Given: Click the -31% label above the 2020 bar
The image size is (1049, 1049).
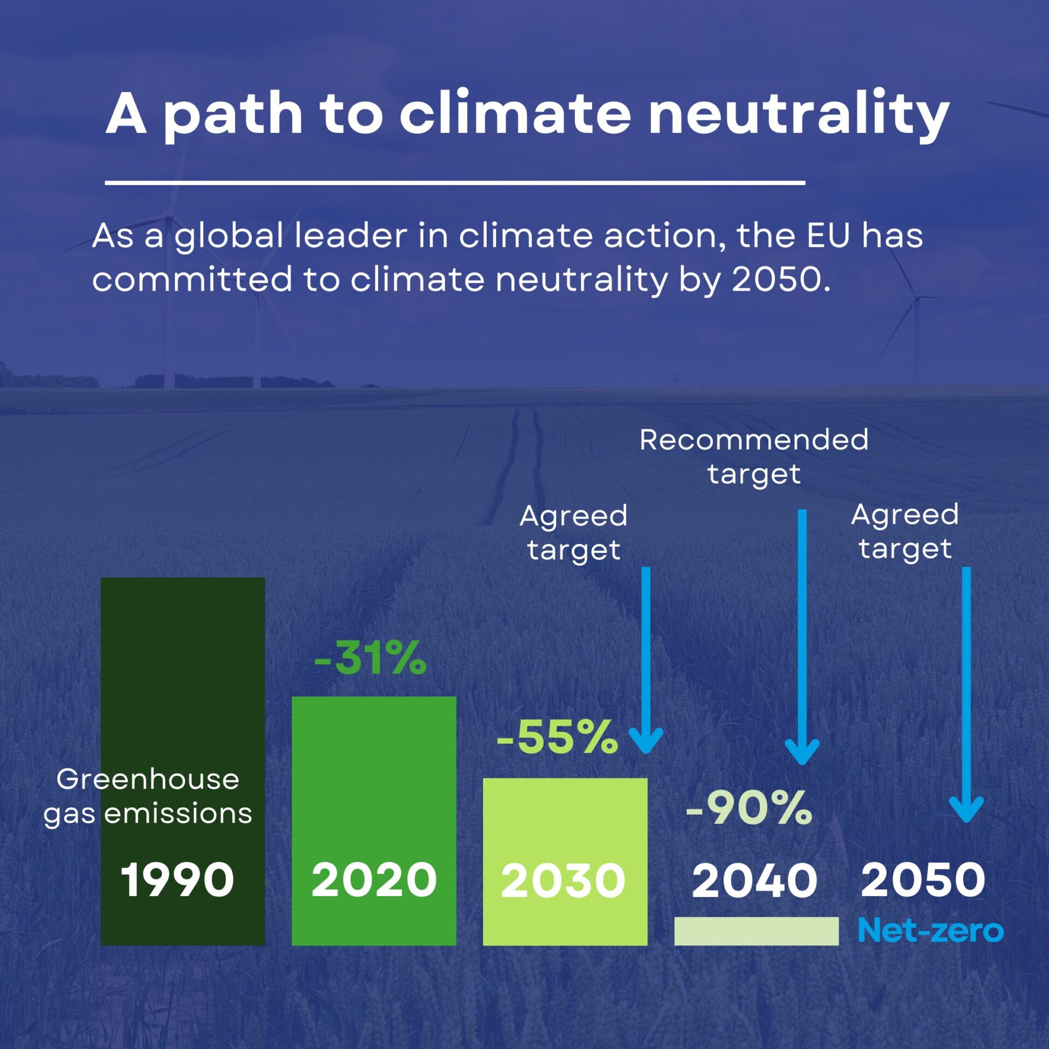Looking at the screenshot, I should coord(370,658).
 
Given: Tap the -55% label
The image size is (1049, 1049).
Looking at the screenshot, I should coord(557,738).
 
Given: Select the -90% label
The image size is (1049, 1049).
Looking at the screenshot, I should coord(749,808).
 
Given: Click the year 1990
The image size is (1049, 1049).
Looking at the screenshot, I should coord(177,880).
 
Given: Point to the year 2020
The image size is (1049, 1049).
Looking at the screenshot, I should coord(374,880).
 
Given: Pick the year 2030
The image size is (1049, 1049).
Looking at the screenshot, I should coord(563,881).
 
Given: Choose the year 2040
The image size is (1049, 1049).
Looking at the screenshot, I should coord(755,880).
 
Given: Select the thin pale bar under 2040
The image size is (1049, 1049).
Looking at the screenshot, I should coord(756,931).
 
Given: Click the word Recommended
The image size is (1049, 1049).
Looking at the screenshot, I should coord(754,440).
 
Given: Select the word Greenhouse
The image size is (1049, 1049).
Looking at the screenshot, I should coord(148,779).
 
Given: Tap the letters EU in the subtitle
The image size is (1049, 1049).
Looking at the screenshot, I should coord(828,236).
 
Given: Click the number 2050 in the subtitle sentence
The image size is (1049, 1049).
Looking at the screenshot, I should coord(776,279).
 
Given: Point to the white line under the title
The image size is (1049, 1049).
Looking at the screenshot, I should coord(455,182).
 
